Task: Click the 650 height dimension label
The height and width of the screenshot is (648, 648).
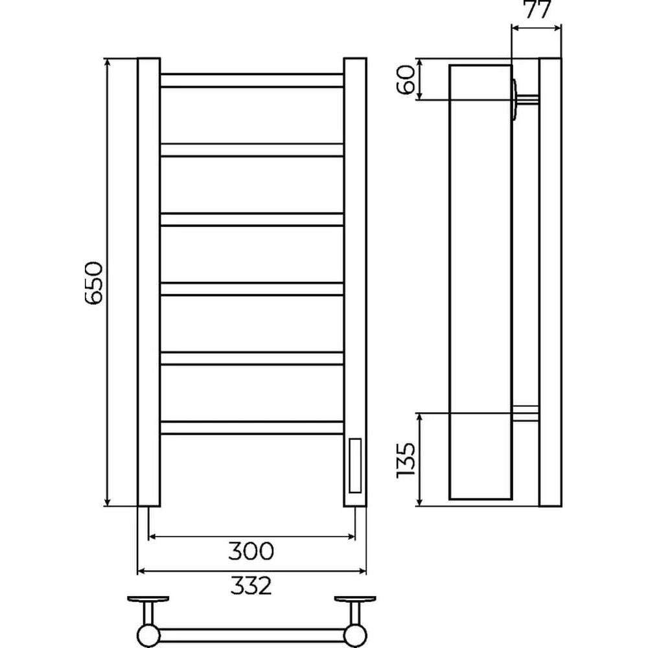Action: tap(93, 283)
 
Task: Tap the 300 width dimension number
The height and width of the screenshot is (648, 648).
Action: tap(251, 551)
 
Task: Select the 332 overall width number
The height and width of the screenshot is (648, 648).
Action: tap(251, 585)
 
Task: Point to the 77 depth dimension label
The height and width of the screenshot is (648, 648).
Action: tap(538, 10)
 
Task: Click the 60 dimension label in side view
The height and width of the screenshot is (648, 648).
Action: tap(406, 79)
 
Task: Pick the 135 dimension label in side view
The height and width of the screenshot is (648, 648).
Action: tap(406, 460)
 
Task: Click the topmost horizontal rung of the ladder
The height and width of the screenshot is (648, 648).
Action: tap(251, 80)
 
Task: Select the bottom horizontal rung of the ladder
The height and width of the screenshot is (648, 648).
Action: tap(251, 428)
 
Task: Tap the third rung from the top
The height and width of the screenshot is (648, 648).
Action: tap(251, 220)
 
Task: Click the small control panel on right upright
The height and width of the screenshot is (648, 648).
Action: tap(355, 466)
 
